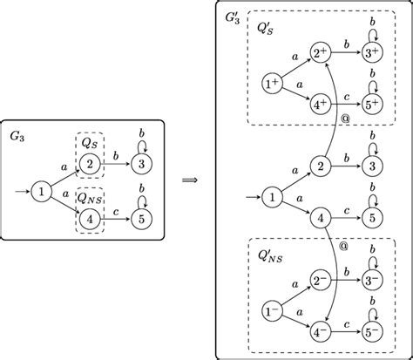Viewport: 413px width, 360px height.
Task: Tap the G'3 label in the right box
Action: [234, 15]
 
